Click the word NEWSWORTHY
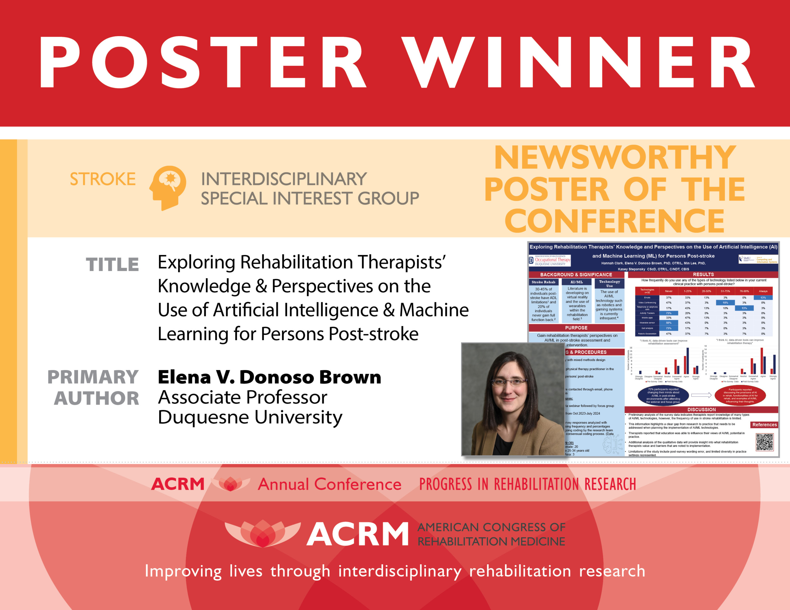615,158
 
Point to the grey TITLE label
112,265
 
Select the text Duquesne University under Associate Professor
250,418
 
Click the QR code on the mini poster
764,442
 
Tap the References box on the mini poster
764,425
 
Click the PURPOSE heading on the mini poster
576,328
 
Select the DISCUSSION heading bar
701,410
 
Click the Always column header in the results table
763,291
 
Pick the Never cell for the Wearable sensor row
668,323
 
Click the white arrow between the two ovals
701,395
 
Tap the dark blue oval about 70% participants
663,396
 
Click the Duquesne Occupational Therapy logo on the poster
550,260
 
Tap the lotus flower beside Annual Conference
231,484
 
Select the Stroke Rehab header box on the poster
543,282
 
